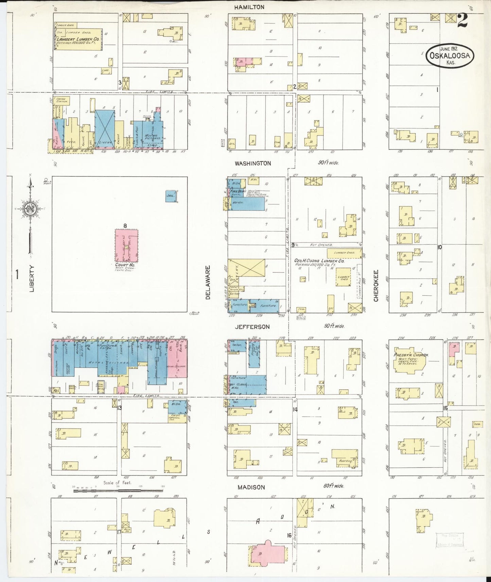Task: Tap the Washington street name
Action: [253, 163]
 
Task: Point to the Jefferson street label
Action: [252, 327]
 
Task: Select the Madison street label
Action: [251, 487]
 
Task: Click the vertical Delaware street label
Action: [208, 283]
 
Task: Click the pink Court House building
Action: [126, 245]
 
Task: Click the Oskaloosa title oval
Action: [450, 55]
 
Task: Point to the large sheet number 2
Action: [462, 20]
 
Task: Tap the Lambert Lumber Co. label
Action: [78, 39]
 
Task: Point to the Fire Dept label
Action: [238, 192]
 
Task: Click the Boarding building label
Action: [345, 461]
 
